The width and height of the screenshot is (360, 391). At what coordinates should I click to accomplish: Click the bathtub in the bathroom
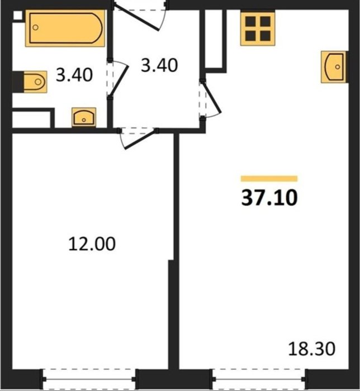[x=65, y=28]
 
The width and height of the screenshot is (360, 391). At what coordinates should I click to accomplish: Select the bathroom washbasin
[x=84, y=117]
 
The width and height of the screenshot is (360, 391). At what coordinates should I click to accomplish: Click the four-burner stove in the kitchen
[x=258, y=28]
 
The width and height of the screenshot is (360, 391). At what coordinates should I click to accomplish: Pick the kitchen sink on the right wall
[x=334, y=67]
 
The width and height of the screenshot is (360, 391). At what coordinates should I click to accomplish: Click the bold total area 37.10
[x=269, y=198]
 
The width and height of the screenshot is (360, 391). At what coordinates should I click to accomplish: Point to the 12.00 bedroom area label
[x=92, y=244]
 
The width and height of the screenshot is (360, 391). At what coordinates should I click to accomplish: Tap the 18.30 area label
[x=311, y=349]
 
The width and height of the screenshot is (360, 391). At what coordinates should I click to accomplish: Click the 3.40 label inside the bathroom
[x=74, y=74]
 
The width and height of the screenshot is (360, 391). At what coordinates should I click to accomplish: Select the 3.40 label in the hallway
[x=159, y=65]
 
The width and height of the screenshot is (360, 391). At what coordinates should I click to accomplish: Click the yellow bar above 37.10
[x=269, y=179]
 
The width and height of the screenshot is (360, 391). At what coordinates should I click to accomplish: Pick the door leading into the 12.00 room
[x=138, y=137]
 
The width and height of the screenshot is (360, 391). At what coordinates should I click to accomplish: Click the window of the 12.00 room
[x=89, y=379]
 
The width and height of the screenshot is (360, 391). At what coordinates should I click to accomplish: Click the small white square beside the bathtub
[x=17, y=15]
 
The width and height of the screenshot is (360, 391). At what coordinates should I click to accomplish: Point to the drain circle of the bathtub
[x=36, y=27]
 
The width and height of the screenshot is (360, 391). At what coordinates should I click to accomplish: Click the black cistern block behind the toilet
[x=18, y=82]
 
